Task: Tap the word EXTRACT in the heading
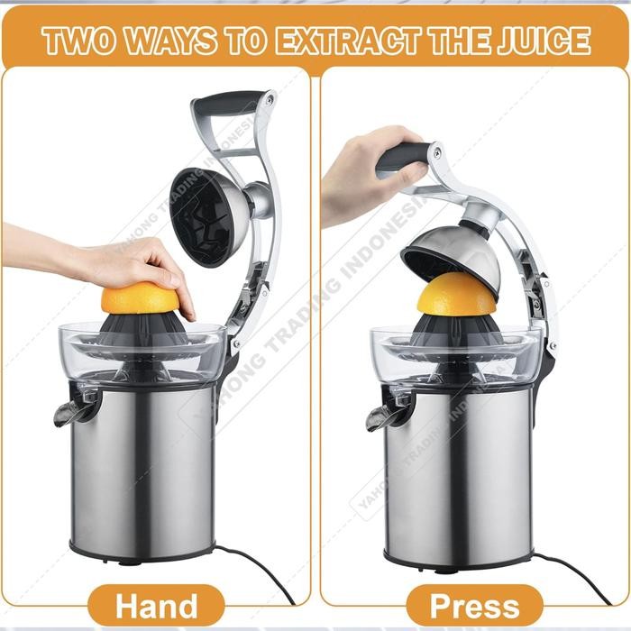point(351,41)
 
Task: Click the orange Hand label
point(156,605)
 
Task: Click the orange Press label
point(474,605)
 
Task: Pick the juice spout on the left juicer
point(72,410)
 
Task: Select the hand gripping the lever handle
point(356,176)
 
